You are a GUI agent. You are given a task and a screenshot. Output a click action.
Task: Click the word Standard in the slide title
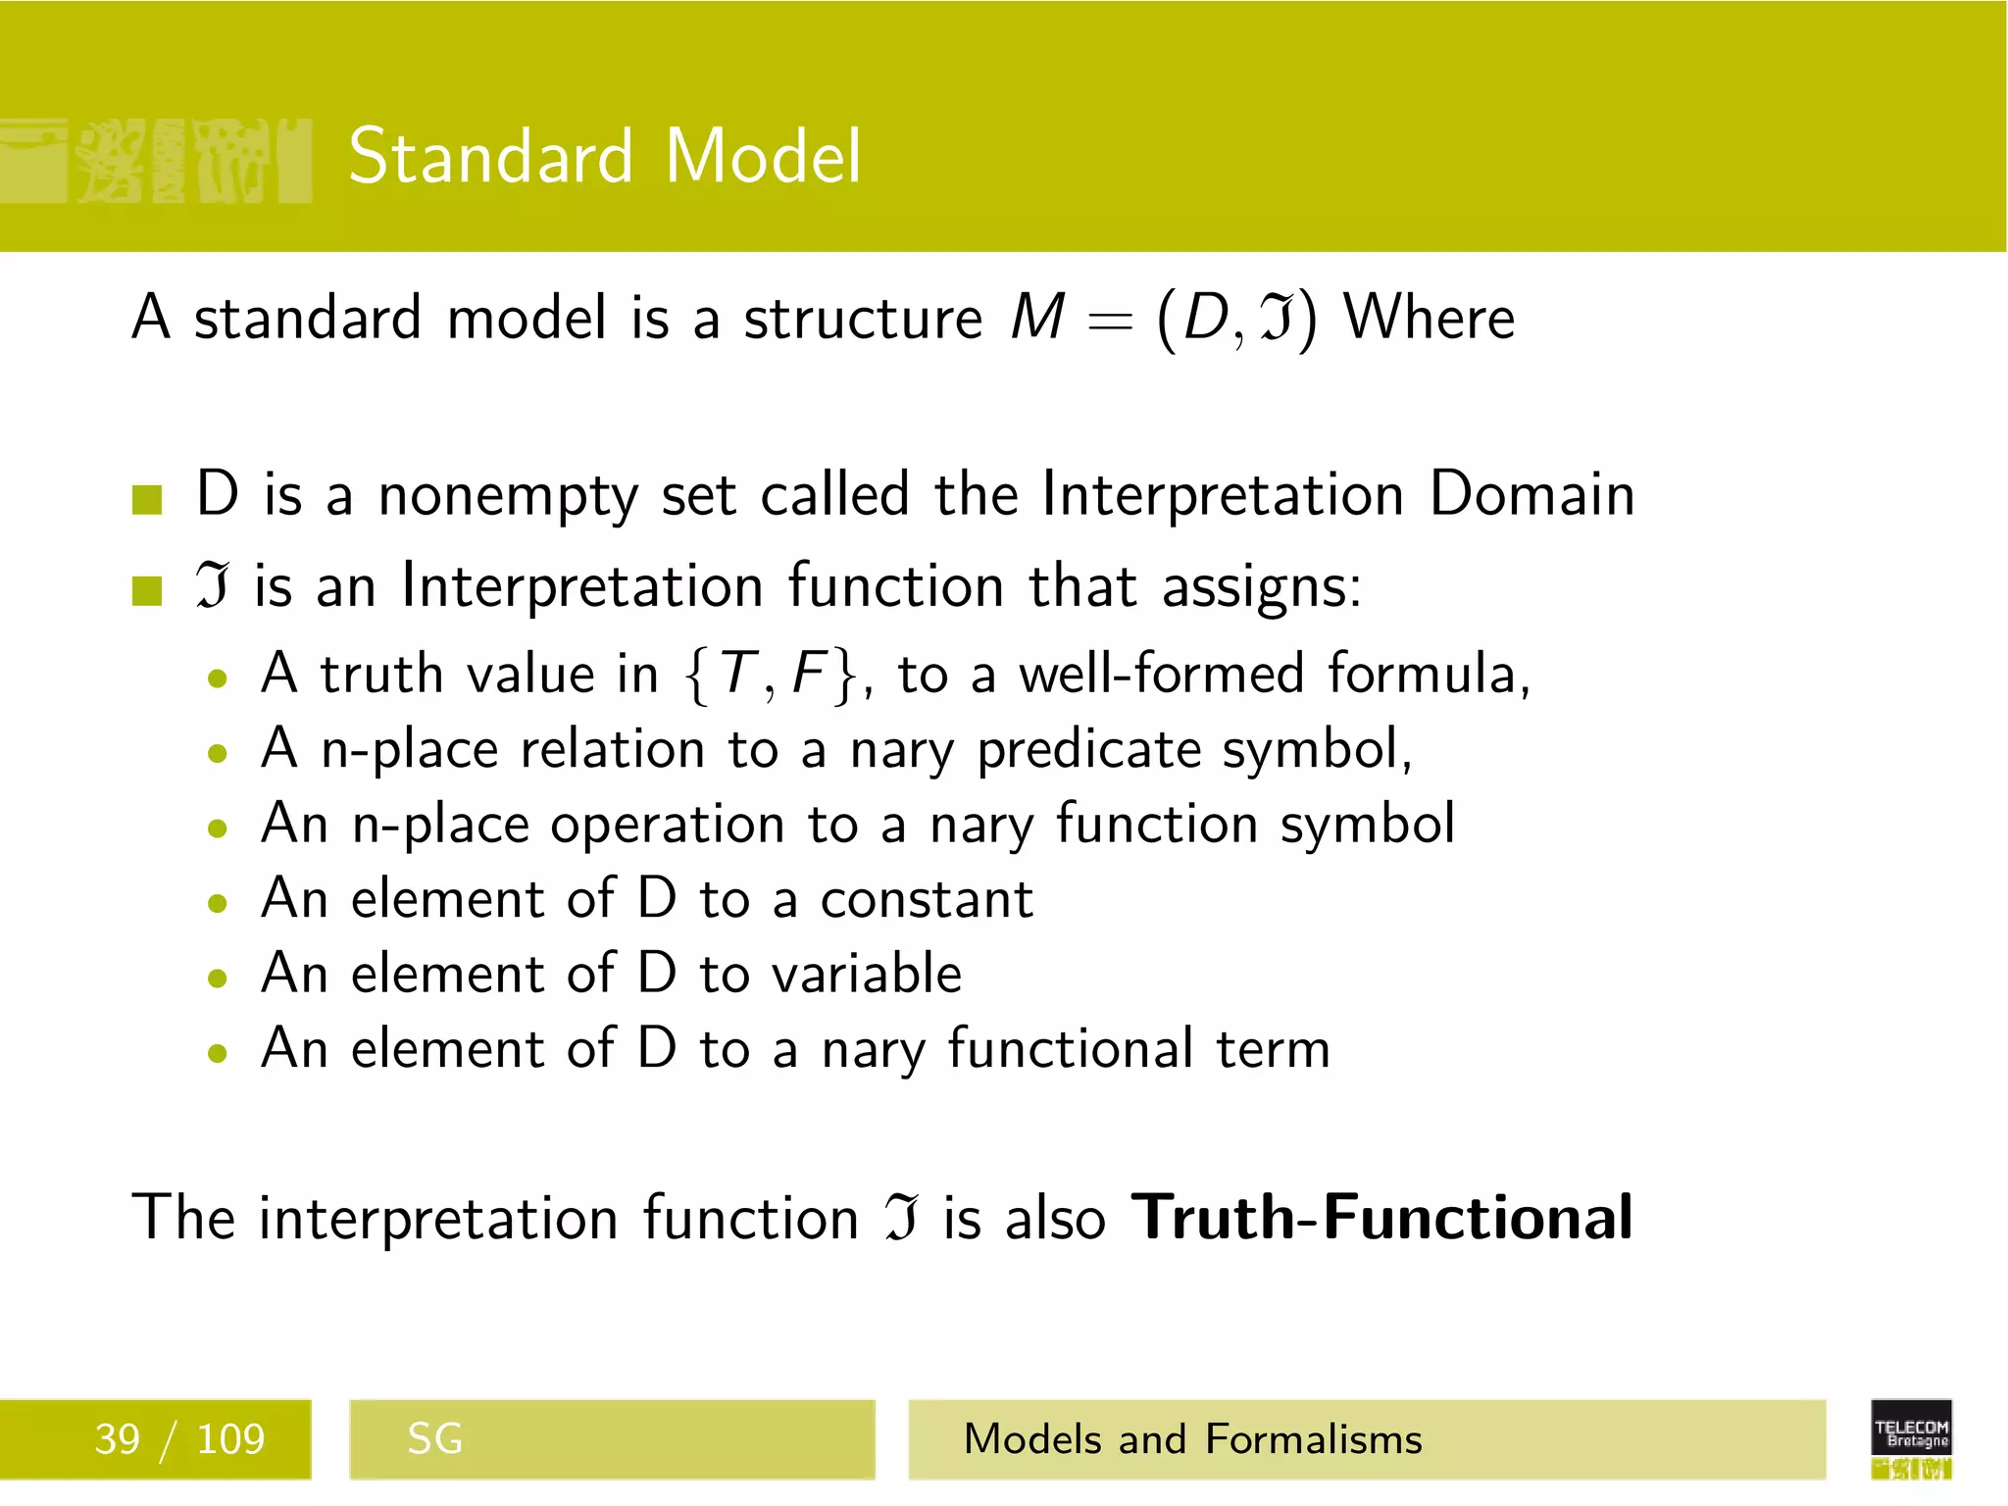coord(490,157)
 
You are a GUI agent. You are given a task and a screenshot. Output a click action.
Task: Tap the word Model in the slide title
coord(763,157)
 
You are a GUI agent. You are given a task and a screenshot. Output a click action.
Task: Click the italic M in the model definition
coord(1037,318)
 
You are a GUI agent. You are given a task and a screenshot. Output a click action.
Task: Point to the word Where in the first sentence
coord(1429,318)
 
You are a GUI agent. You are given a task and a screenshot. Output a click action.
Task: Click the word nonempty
coord(508,496)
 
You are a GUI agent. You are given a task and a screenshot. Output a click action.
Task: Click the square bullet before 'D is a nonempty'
coord(147,499)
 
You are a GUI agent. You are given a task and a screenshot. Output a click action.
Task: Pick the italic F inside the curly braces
coord(810,674)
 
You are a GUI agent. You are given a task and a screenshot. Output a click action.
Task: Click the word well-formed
coord(1161,674)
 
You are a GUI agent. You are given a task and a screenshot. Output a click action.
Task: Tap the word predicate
coord(1088,751)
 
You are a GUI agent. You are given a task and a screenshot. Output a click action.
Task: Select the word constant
coord(926,899)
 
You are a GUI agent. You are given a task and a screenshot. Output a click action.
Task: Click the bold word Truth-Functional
coord(1381,1218)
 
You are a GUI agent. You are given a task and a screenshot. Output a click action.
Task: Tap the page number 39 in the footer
coord(117,1439)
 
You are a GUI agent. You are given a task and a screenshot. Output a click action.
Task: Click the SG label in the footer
coord(434,1439)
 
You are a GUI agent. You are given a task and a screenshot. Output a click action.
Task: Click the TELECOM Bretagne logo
coord(1911,1437)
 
